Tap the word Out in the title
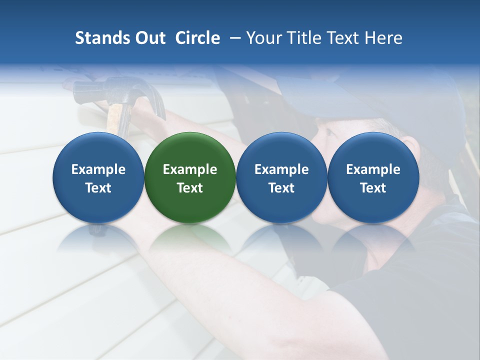[150, 38]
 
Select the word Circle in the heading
[197, 38]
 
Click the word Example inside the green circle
[190, 169]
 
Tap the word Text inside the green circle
[190, 188]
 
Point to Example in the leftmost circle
[98, 169]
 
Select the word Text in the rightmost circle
[373, 188]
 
